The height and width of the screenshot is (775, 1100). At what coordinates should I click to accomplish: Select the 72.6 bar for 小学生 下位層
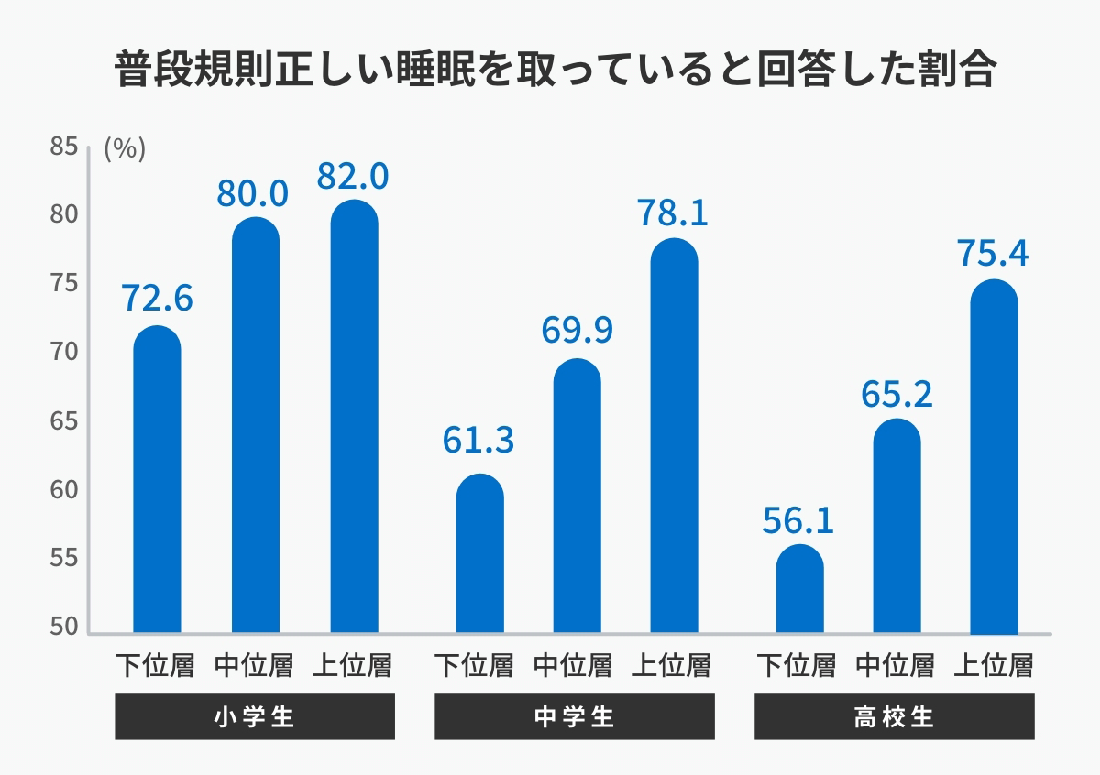click(157, 481)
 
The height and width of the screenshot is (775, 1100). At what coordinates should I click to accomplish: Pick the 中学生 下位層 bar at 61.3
click(480, 554)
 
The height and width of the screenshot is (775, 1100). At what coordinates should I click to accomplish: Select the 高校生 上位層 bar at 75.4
click(994, 458)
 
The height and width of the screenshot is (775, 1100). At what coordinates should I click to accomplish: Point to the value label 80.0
click(253, 193)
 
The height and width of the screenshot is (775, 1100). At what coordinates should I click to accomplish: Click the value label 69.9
click(577, 331)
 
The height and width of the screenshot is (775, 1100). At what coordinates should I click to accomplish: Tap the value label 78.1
click(674, 213)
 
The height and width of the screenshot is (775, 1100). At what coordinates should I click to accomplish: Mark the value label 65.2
click(896, 393)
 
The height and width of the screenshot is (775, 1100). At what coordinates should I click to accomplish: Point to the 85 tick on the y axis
click(63, 147)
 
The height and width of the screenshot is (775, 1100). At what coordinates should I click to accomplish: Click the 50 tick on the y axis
click(63, 628)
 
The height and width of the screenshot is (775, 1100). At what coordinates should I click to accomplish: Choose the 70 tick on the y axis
click(63, 353)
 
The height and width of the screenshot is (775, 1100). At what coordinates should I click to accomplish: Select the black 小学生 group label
click(255, 716)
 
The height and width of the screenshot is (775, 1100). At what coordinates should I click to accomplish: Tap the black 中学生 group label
click(574, 716)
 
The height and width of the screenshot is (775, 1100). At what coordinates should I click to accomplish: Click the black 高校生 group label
click(894, 716)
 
